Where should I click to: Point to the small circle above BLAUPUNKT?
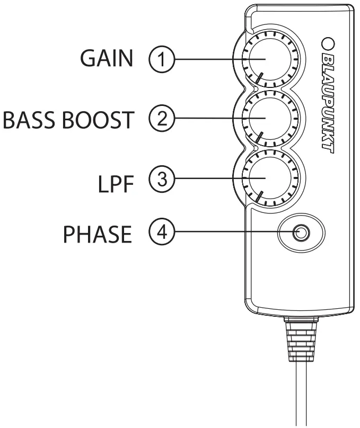click(x=327, y=42)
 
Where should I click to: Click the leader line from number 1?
click(x=207, y=59)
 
